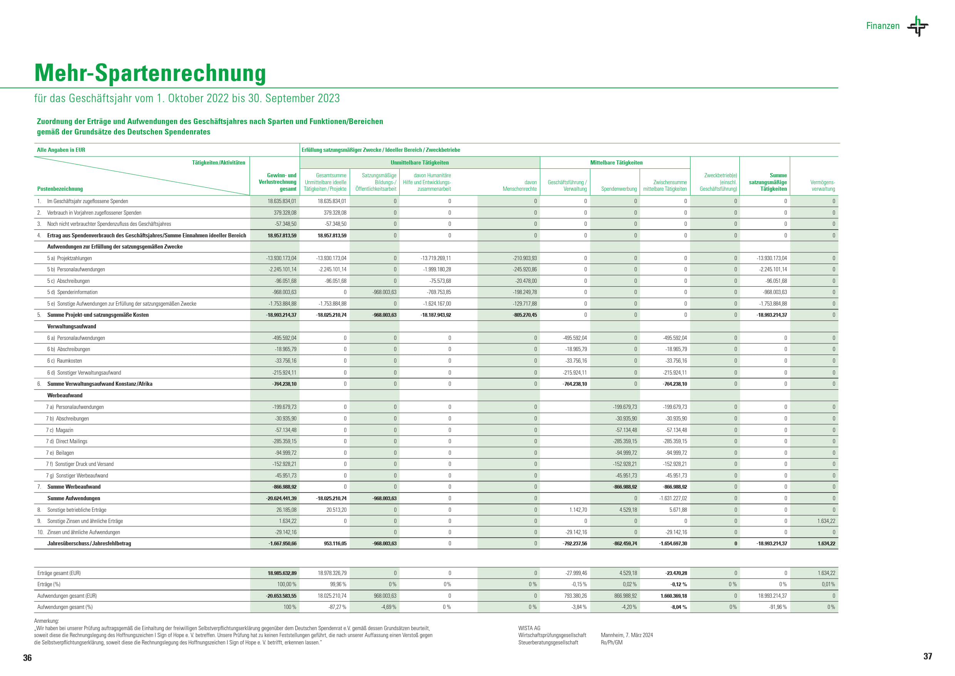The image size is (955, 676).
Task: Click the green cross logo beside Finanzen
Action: [918, 26]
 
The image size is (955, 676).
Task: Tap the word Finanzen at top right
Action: [883, 26]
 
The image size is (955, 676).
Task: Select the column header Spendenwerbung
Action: [618, 189]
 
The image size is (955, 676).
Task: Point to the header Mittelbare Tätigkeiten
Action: [616, 163]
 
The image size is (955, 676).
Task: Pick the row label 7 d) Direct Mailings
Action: [67, 441]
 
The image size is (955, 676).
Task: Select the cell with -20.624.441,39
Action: [281, 498]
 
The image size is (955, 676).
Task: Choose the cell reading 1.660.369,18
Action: [674, 596]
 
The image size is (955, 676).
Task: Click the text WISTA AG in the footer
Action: [529, 628]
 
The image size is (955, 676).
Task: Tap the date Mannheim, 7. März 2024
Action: [627, 635]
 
